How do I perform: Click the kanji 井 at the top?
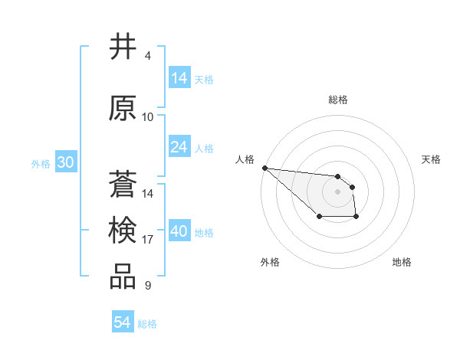coord(123,47)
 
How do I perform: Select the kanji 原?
coord(123,108)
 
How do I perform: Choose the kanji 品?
coord(123,277)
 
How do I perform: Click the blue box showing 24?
coord(179,146)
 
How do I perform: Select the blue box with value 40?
coord(179,231)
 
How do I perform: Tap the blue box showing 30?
coord(65,162)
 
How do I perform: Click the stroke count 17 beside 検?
coord(148,240)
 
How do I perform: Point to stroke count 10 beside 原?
coord(148,117)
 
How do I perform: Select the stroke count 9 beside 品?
coord(147,286)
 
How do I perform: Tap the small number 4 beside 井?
coord(147,56)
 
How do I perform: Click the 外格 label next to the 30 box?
coord(41,163)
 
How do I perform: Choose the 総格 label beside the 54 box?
coord(147,324)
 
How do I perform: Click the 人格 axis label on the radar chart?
coord(245,159)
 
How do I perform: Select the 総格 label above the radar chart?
coord(337,100)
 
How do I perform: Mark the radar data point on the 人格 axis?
coord(264,168)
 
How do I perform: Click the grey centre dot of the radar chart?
coord(337,191)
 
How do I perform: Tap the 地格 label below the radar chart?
coord(402,262)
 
